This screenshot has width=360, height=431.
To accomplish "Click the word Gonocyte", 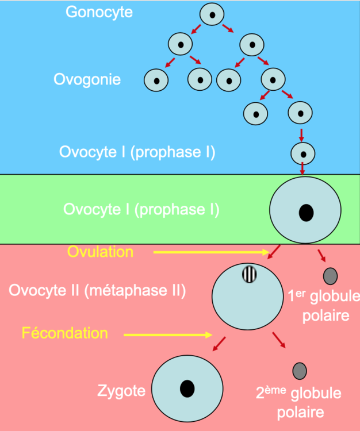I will [99, 12].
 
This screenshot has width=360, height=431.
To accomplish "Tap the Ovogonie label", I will [87, 79].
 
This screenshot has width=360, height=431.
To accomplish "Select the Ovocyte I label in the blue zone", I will [137, 152].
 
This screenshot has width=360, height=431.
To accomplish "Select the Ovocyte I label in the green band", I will [141, 209].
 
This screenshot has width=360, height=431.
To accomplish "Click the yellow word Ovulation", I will [100, 252].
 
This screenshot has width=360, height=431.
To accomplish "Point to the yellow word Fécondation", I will [65, 333].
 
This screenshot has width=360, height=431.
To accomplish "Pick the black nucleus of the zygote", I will [187, 388].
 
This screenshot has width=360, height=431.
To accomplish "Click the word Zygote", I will [120, 392].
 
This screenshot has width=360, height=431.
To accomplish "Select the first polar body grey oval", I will [330, 276].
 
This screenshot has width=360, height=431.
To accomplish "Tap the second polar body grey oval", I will [300, 371].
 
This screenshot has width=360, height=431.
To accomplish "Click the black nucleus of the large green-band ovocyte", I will [306, 213].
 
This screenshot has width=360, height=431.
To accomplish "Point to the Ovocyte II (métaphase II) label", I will [97, 290].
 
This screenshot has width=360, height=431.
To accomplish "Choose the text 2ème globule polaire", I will [299, 402].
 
